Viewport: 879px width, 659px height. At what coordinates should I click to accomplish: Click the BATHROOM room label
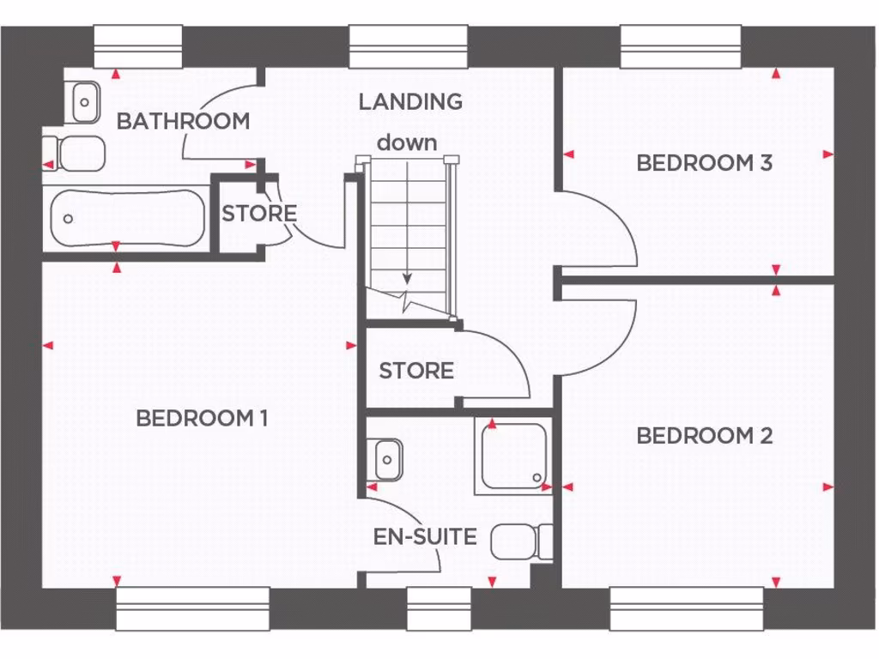coord(183,121)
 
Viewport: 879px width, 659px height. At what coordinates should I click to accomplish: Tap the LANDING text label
coord(410,101)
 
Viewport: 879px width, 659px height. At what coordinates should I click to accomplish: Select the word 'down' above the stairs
coord(407,142)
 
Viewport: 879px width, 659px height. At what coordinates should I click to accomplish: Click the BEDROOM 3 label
coord(704,162)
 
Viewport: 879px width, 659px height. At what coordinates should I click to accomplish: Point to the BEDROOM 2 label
coord(704,436)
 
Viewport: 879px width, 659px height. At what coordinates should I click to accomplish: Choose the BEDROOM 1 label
coord(202,419)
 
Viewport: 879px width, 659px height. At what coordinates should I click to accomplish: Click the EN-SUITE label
coord(425,537)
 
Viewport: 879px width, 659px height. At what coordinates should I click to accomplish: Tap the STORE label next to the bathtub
coord(259,213)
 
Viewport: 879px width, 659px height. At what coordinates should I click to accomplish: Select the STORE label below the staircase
coord(416,371)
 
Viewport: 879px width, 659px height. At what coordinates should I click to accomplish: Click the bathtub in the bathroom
coord(127,218)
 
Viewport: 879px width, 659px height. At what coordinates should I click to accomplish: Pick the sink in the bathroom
coord(84,102)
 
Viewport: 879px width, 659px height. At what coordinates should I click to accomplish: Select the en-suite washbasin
coord(386,460)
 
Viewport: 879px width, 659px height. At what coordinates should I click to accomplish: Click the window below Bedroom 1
coord(192,608)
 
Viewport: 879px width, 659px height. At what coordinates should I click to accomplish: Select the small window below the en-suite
coord(439,608)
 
